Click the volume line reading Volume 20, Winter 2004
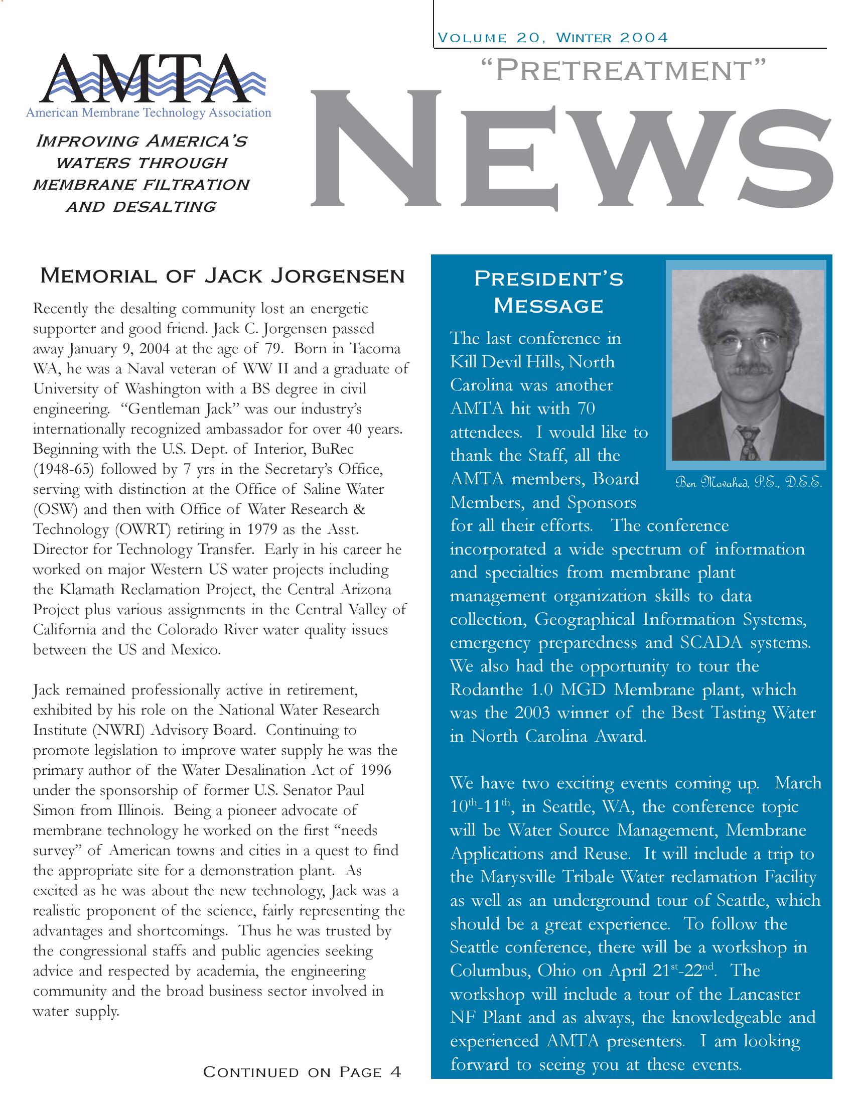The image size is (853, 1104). coord(553,38)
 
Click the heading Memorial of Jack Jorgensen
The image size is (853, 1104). coord(222,276)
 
